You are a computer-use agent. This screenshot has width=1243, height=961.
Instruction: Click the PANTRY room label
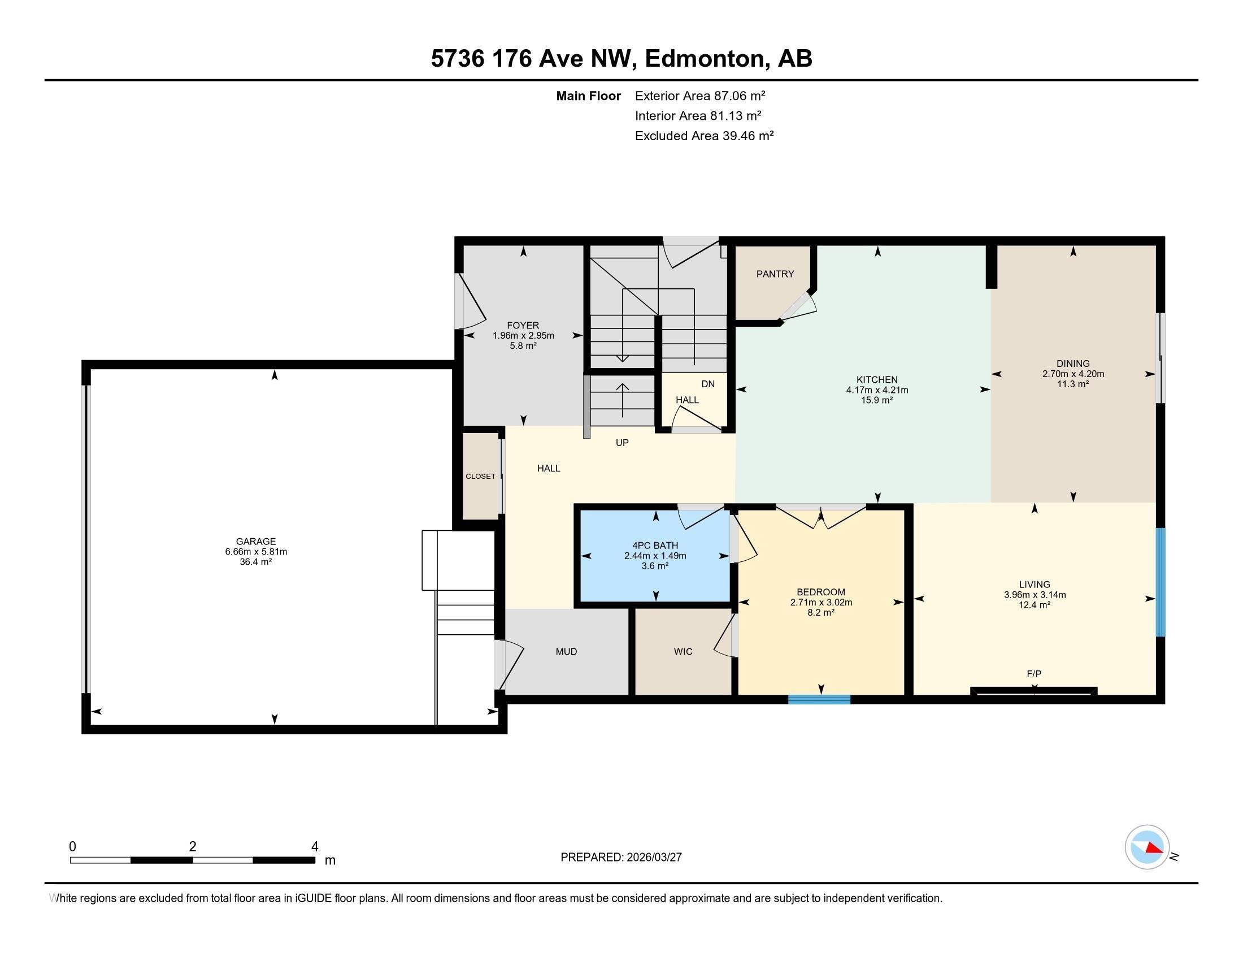click(x=775, y=274)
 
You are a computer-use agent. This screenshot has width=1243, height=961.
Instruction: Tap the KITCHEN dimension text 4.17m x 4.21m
click(x=876, y=390)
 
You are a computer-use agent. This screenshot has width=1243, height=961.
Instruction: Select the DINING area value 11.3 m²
click(x=1073, y=384)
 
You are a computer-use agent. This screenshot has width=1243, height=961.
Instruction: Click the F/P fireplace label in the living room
click(x=1033, y=674)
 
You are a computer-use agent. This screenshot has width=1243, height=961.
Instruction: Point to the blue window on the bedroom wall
click(x=819, y=700)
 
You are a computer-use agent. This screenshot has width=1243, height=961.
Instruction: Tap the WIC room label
click(x=683, y=651)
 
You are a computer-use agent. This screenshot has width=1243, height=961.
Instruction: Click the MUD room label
click(x=566, y=651)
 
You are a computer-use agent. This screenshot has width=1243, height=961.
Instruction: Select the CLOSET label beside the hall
click(x=480, y=477)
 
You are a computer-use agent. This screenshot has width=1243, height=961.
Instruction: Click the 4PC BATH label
click(x=655, y=546)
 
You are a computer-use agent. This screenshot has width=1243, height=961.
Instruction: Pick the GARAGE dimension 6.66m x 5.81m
click(x=256, y=552)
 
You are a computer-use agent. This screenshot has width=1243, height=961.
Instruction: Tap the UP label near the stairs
click(x=622, y=443)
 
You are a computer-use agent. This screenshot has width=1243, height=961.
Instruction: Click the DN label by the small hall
click(x=707, y=384)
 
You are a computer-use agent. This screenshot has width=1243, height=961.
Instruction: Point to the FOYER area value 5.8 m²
click(x=523, y=345)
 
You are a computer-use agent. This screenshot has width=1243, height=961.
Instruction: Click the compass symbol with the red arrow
click(x=1147, y=847)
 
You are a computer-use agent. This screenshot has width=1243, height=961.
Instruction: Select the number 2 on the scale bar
click(x=192, y=847)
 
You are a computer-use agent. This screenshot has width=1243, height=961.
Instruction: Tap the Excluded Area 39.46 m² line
click(x=704, y=136)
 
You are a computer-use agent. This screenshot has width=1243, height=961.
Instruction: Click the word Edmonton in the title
click(x=704, y=59)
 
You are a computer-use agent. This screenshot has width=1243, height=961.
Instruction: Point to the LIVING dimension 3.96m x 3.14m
click(x=1034, y=595)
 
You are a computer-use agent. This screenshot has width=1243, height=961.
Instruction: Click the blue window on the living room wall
click(x=1161, y=582)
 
